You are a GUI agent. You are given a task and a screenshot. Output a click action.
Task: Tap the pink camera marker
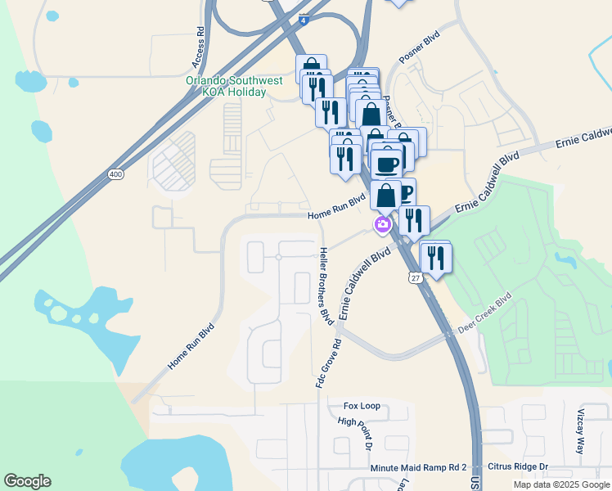pos(382,224)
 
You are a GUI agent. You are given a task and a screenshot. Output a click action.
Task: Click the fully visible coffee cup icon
pos(386,164)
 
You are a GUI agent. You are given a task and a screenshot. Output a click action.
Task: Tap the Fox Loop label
pos(362,406)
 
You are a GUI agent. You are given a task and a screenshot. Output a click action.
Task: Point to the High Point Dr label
pos(355,434)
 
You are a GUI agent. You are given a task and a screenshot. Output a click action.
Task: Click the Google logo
pos(27,481)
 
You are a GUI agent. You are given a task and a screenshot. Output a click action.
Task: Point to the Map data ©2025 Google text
pos(561,484)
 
